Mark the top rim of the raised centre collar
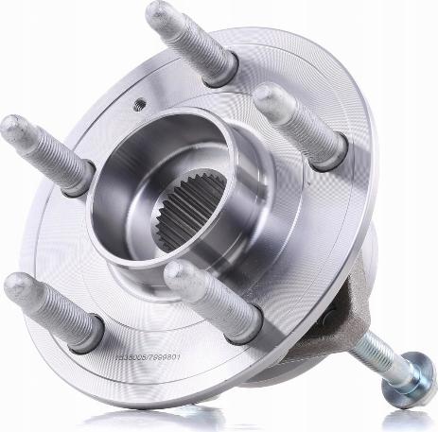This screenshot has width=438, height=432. (161, 142)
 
